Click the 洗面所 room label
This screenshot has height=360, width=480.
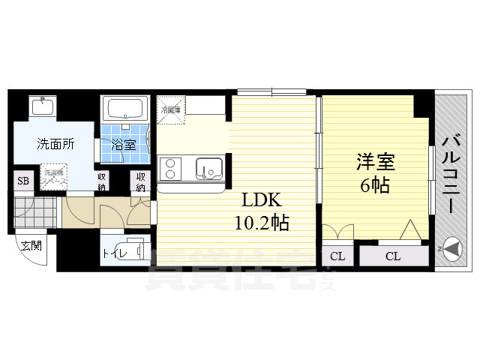[55, 145]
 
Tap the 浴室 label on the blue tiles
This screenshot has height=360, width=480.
[124, 145]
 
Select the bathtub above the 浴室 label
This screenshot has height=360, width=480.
[126, 109]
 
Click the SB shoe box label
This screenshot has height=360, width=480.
[23, 181]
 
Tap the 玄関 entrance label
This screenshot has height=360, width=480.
[31, 245]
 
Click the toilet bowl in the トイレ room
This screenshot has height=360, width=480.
[133, 250]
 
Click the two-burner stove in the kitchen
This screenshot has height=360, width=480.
[170, 168]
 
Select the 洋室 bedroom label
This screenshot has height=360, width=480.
[374, 161]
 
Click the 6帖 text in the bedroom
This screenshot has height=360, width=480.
[374, 184]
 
